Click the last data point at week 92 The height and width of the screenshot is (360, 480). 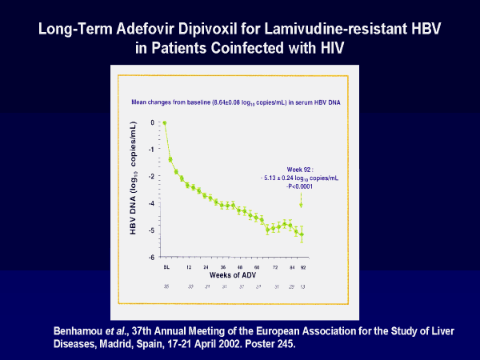[301, 234]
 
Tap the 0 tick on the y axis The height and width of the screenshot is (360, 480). [152, 123]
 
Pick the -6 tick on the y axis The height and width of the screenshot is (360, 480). [150, 258]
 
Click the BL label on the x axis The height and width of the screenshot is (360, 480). [166, 266]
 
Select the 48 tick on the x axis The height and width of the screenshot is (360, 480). [239, 266]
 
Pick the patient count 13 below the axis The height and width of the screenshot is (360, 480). [302, 286]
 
